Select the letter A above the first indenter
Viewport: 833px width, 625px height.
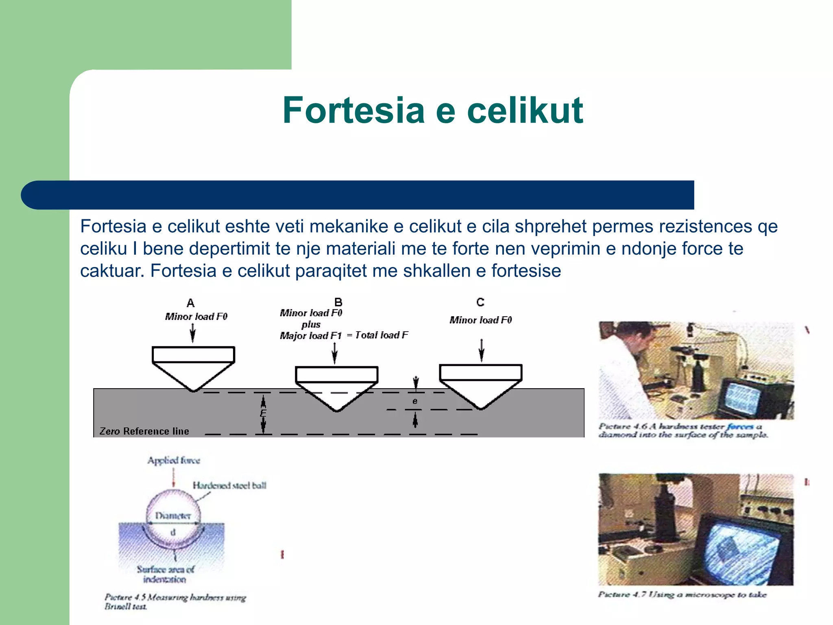click(x=190, y=303)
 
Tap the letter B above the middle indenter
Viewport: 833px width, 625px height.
click(x=338, y=302)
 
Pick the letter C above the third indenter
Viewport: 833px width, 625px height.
click(x=480, y=302)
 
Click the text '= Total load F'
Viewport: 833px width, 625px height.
click(x=377, y=335)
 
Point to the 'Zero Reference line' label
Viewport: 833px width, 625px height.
click(x=144, y=431)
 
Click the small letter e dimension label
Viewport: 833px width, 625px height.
click(x=415, y=401)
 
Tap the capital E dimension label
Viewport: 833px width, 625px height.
click(x=263, y=413)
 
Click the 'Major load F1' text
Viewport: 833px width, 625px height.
click(x=310, y=336)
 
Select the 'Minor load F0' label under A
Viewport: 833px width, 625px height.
click(x=196, y=317)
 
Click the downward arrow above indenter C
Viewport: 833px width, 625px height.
click(x=482, y=350)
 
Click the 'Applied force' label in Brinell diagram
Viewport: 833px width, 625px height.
click(x=174, y=461)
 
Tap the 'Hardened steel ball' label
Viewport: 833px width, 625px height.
click(x=229, y=485)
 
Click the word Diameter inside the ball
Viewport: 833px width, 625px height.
click(x=173, y=516)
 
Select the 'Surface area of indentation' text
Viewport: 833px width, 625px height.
click(x=165, y=574)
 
